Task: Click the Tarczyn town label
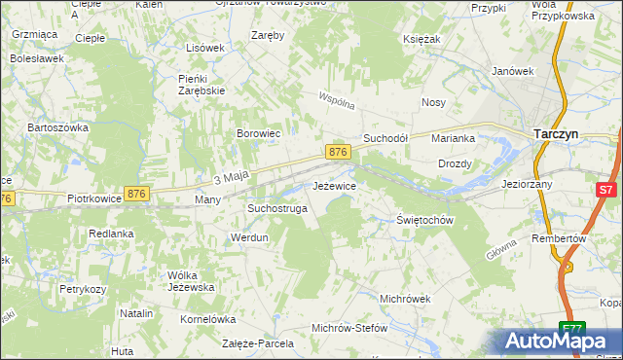(x=557, y=136)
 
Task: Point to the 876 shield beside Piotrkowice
(x=136, y=195)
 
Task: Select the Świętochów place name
(x=426, y=220)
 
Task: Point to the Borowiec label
(x=259, y=133)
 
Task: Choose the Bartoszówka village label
(x=58, y=127)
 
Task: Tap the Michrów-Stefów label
(x=349, y=328)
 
